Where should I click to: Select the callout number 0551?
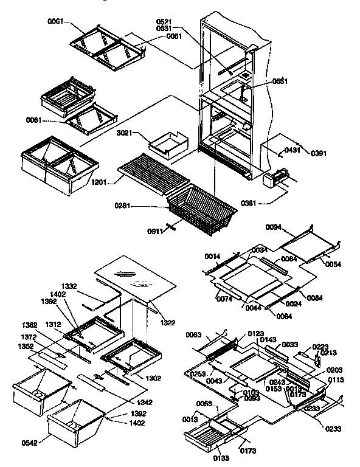pos(280,81)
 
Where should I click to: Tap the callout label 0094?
pos(274,227)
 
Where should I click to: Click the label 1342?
pos(144,403)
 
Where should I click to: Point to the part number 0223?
pos(320,347)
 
